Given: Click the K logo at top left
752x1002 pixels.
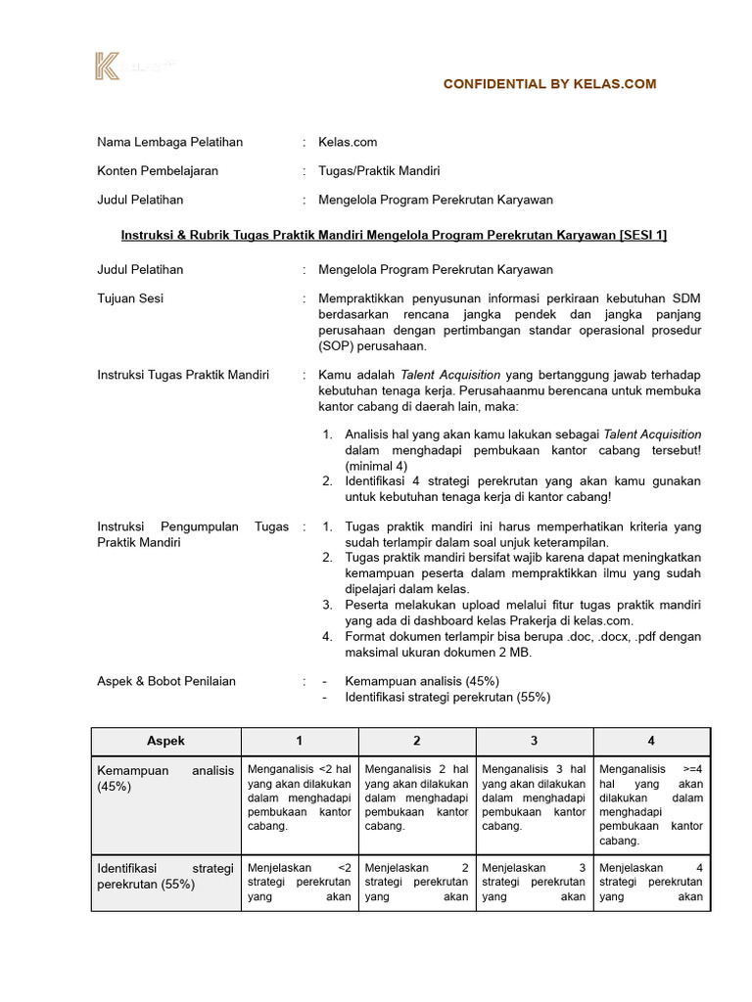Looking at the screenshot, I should (107, 67).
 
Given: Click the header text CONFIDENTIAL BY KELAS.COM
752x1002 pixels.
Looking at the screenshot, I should (549, 84).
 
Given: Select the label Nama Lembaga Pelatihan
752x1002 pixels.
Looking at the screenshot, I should (169, 142).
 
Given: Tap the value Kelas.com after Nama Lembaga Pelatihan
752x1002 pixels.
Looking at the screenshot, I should (348, 142).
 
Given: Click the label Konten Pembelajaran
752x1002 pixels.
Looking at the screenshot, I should (158, 170).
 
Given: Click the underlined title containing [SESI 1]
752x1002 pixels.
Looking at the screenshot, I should (394, 235).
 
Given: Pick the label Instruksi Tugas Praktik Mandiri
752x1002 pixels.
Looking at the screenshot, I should (183, 374).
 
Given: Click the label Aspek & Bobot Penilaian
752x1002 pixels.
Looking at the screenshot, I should (166, 681).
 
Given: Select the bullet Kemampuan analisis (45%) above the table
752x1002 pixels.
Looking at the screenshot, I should (422, 681).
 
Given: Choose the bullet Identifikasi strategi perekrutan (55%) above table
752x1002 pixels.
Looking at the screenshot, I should (446, 697).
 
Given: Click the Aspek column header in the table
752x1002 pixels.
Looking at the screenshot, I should (165, 741).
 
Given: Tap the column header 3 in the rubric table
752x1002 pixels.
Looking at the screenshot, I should (534, 741).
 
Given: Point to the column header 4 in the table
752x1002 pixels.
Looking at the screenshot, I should (651, 741).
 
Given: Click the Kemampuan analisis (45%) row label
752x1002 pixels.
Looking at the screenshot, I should (165, 778).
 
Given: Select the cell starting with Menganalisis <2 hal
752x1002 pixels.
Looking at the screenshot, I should (299, 797).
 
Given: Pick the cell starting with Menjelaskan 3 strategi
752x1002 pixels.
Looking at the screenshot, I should (534, 882).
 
